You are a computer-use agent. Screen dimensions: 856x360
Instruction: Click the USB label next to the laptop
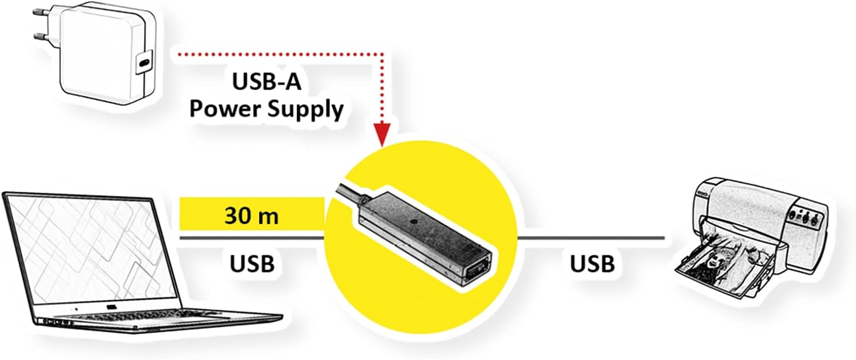click(252, 264)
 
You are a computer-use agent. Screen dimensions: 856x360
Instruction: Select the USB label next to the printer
click(592, 264)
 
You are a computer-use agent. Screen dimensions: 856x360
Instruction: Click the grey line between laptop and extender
click(251, 237)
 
